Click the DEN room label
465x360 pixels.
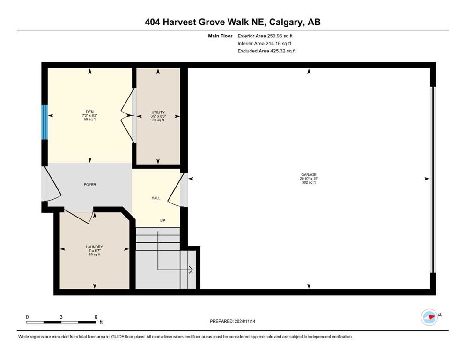click(x=89, y=112)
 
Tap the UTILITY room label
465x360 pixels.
click(x=158, y=112)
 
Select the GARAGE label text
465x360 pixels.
click(x=309, y=175)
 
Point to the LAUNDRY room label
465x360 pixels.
click(x=94, y=247)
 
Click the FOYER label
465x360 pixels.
click(x=90, y=185)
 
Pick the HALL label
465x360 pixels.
click(x=155, y=198)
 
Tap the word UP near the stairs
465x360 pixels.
click(x=162, y=220)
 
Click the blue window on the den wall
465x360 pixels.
click(x=44, y=122)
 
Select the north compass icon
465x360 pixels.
click(x=429, y=317)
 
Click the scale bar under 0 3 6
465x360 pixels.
click(x=61, y=322)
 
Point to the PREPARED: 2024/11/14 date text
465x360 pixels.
click(x=232, y=321)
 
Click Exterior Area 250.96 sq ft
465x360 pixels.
click(x=265, y=36)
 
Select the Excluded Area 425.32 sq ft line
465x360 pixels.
click(x=266, y=51)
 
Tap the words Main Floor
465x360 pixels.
click(x=220, y=36)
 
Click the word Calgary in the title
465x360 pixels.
click(x=286, y=22)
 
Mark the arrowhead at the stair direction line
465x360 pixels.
click(x=191, y=270)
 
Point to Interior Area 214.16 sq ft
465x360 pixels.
click(x=264, y=43)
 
